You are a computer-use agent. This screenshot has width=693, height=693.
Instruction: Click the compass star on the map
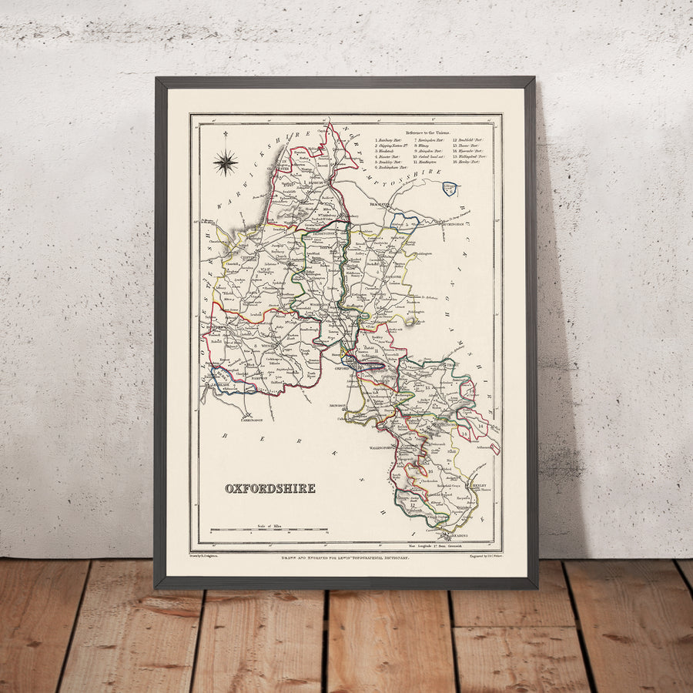[x=225, y=162]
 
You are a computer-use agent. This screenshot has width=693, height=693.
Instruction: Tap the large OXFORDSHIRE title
[x=270, y=488]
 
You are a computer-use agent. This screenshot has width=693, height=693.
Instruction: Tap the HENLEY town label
[x=478, y=487]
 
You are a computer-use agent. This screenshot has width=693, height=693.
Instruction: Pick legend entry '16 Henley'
[x=469, y=163]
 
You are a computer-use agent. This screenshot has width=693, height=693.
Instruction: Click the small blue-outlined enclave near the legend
[x=450, y=188]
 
